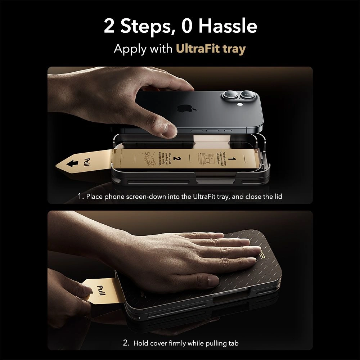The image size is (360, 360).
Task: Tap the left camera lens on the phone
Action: point(229,95)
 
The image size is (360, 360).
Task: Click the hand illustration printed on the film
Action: point(149,158)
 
